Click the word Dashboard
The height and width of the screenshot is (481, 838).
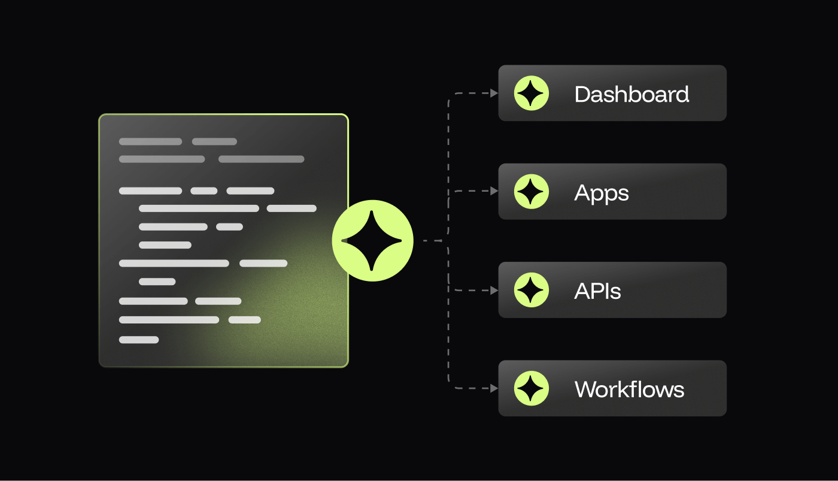point(631,95)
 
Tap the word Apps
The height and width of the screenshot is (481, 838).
point(602,193)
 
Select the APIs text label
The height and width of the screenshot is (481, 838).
point(597,291)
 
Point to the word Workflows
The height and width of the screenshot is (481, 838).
point(629,389)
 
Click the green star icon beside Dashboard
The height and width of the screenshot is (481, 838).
point(532,93)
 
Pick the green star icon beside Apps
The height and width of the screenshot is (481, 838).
point(532,192)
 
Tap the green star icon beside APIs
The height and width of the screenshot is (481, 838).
point(532,290)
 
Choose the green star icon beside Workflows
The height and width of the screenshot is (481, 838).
point(532,388)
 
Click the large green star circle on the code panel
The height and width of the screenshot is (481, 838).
point(372,241)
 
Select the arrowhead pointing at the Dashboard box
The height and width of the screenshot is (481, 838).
point(494,93)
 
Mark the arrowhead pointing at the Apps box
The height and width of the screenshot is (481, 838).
point(494,191)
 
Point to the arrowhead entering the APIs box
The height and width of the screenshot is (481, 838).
point(494,290)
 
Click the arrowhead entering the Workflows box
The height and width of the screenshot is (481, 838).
point(494,388)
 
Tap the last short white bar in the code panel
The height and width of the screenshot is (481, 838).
point(139,340)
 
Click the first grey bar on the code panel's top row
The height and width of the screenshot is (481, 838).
point(150,142)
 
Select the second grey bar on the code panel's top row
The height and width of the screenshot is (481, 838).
point(214,142)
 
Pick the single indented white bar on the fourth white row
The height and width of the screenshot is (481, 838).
point(165,245)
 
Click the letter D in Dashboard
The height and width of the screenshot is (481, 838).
point(581,95)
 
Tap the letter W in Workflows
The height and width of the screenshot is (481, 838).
point(585,389)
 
